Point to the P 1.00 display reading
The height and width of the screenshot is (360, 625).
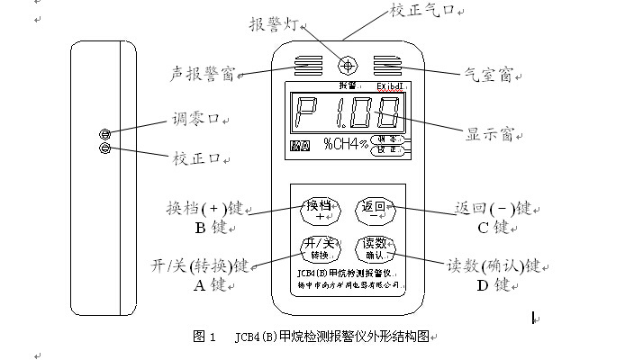(347, 115)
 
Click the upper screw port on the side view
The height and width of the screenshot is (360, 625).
(105, 133)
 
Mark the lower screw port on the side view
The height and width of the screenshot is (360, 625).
(105, 148)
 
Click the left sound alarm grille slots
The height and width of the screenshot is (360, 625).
(307, 66)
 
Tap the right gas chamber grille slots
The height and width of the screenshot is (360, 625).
(387, 66)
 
